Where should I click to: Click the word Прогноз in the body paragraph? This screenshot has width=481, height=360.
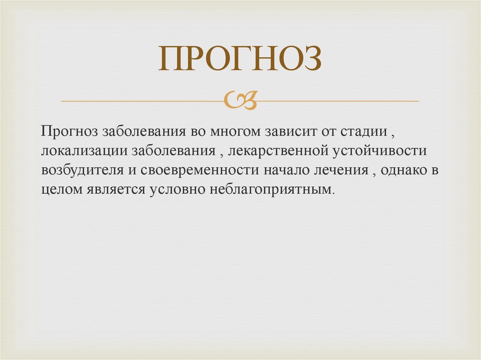tap(68, 132)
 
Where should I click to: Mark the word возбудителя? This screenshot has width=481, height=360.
tap(78, 170)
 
